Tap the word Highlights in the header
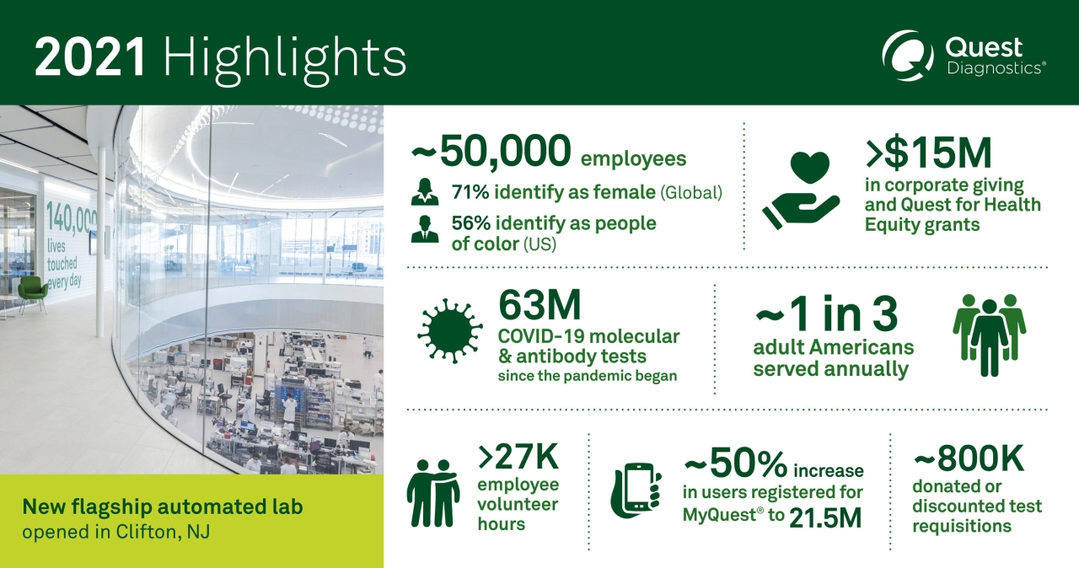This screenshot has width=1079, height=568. tap(285, 58)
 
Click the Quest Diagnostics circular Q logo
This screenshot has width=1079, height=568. tap(907, 56)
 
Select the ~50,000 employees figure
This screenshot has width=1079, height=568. tap(489, 153)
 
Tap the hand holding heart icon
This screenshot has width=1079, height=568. tap(799, 190)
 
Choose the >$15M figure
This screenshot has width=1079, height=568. tap(927, 153)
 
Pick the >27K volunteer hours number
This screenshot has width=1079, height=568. tap(518, 457)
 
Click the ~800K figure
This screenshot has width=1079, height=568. tap(968, 458)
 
